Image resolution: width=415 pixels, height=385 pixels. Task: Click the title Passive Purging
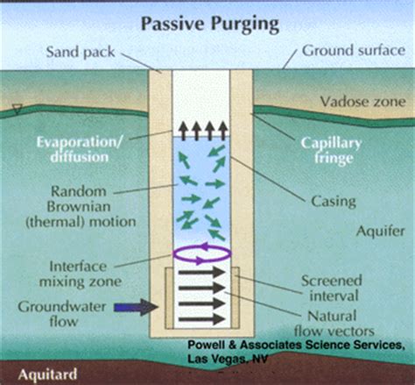(x=210, y=24)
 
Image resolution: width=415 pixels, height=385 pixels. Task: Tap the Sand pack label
(x=81, y=53)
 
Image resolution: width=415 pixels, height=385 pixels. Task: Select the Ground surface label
(x=354, y=50)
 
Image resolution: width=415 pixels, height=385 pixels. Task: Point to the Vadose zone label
(x=363, y=102)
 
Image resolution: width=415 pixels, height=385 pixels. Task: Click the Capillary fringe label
(x=332, y=151)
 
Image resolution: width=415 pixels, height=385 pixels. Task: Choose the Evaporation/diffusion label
(x=80, y=150)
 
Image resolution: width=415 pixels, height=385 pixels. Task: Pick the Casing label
(x=334, y=202)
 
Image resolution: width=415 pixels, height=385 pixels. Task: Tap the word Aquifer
(x=381, y=232)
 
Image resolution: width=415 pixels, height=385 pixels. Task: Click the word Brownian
(x=79, y=207)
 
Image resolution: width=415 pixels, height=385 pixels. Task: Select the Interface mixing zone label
(x=81, y=274)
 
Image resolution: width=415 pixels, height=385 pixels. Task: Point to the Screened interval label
(x=332, y=288)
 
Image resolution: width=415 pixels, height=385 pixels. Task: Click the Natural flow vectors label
(x=334, y=324)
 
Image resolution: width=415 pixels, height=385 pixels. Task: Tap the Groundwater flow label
(x=62, y=314)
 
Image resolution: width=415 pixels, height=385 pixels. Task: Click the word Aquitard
(x=47, y=374)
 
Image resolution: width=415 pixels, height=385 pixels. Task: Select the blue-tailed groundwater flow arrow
(x=136, y=307)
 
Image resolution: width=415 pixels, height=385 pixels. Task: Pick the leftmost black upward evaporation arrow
(x=184, y=131)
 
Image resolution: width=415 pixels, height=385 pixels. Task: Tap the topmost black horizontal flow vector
(x=202, y=273)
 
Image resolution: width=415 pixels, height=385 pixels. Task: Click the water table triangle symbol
(x=18, y=110)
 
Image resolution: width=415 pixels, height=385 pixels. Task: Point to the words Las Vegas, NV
(x=228, y=359)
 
